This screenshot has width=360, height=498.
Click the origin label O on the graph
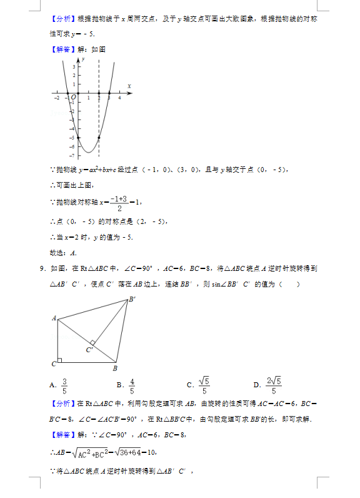pyautogui.click(x=73, y=98)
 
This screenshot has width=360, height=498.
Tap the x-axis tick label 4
pyautogui.click(x=119, y=98)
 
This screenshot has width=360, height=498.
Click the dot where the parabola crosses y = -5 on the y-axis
pyautogui.click(x=78, y=137)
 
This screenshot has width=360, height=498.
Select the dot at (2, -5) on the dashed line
pyautogui.click(x=99, y=137)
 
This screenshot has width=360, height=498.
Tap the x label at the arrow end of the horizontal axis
pyautogui.click(x=129, y=86)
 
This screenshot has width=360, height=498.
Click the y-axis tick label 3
pyautogui.click(x=74, y=66)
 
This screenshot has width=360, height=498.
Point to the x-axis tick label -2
pyautogui.click(x=57, y=98)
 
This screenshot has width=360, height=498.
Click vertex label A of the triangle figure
pyautogui.click(x=54, y=318)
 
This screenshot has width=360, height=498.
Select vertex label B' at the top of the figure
pyautogui.click(x=132, y=299)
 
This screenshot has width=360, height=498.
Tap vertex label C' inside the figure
pyautogui.click(x=89, y=350)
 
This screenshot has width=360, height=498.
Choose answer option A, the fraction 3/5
pyautogui.click(x=64, y=385)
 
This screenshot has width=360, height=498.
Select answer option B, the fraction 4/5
pyautogui.click(x=132, y=385)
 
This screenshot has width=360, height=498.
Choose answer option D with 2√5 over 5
pyautogui.click(x=272, y=385)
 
